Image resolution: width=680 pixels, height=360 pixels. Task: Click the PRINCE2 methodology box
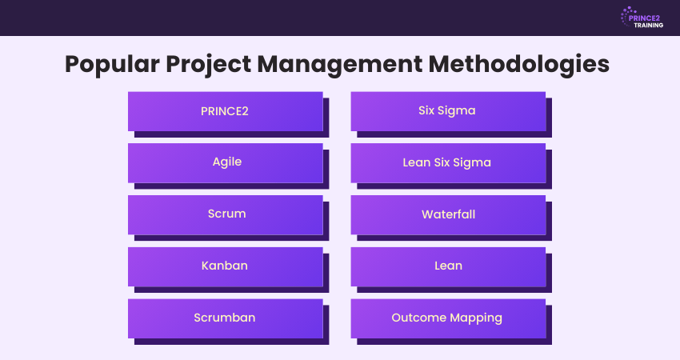click(225, 110)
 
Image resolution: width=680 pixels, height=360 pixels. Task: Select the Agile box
click(225, 162)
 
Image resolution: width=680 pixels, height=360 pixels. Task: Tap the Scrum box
click(225, 214)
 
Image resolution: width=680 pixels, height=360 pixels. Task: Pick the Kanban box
click(225, 266)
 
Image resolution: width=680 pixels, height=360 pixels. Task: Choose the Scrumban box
click(225, 318)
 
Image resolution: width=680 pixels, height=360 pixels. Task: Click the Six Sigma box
click(447, 110)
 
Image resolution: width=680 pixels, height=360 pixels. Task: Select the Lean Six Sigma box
click(447, 162)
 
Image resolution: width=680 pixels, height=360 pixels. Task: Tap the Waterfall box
click(447, 214)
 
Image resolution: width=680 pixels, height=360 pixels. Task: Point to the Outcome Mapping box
click(447, 318)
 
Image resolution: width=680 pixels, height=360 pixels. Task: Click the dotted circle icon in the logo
click(626, 18)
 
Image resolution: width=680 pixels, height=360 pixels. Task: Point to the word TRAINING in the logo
click(649, 25)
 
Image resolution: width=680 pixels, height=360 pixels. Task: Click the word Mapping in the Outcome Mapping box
click(474, 318)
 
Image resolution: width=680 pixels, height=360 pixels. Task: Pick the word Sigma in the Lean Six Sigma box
click(473, 162)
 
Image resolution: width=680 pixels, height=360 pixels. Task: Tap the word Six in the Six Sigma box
click(428, 110)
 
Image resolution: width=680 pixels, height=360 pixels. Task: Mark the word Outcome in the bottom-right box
click(418, 318)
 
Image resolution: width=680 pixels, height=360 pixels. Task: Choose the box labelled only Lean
click(447, 266)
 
